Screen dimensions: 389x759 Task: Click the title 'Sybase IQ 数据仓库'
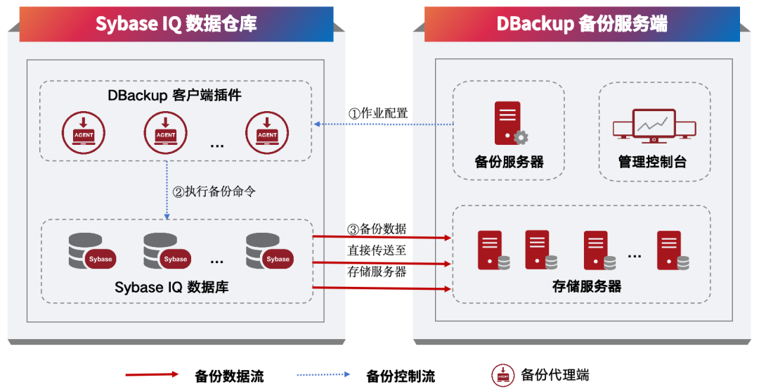[176, 23]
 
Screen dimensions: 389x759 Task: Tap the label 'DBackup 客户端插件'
[175, 96]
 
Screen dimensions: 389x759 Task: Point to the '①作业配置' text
[378, 113]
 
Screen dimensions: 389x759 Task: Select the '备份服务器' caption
[509, 162]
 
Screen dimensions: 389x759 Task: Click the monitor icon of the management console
[654, 125]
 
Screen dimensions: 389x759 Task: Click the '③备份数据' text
[377, 229]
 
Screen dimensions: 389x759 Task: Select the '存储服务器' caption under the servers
[587, 286]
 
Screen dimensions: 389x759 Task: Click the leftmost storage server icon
[493, 251]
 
